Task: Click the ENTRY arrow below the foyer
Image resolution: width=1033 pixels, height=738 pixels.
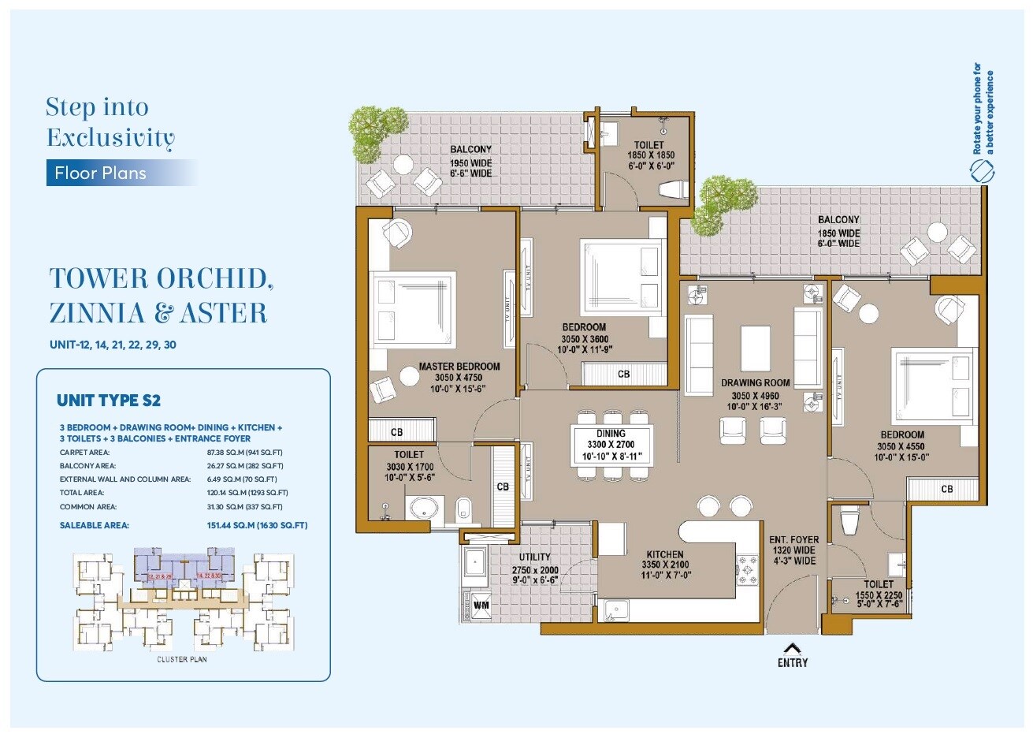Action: [x=792, y=648]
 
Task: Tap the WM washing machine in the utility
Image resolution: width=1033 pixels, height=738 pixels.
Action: [x=480, y=605]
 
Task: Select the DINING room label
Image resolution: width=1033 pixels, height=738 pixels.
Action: [x=611, y=434]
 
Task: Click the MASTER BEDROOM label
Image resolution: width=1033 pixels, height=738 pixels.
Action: [x=459, y=367]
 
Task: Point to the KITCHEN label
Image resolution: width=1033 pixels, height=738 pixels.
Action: [x=664, y=554]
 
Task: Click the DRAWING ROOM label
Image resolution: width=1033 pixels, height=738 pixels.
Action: [x=755, y=383]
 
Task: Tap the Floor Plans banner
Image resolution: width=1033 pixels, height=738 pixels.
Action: [x=101, y=173]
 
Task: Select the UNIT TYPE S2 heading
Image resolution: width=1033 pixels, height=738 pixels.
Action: [x=109, y=401]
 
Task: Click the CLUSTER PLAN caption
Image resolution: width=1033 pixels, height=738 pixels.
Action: [x=182, y=659]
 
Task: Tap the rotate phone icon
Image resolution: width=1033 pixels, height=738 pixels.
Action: [x=983, y=170]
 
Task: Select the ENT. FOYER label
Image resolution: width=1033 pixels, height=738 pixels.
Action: [x=793, y=540]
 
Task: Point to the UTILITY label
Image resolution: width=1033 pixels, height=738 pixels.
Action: [x=534, y=557]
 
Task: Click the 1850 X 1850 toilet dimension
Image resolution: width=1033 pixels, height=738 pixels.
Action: [x=650, y=156]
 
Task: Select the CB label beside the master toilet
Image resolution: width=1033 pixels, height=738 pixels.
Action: [x=502, y=486]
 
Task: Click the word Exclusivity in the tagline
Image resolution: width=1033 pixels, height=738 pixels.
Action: [x=110, y=138]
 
